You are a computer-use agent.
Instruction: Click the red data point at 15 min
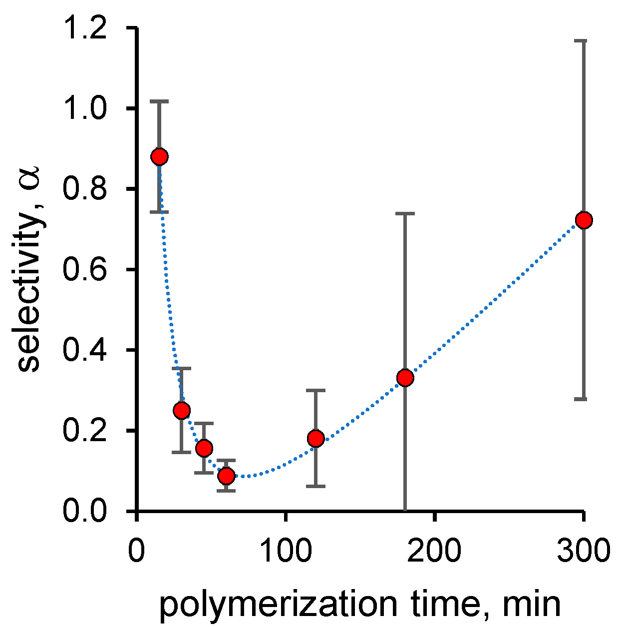coord(159,157)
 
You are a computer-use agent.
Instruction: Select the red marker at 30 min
coord(182,411)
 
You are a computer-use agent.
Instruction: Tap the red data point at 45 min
coord(204,448)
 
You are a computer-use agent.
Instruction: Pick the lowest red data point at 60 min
coord(226,476)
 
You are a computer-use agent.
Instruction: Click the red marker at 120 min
coord(315,439)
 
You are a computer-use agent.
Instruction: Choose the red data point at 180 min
coord(405,378)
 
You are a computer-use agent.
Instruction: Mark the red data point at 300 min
coord(584,220)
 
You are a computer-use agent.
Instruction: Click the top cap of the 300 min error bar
coord(584,41)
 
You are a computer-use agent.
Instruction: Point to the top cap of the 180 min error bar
coord(405,213)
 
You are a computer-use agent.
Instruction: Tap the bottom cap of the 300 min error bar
coord(584,399)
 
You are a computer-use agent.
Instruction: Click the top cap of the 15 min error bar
coord(159,101)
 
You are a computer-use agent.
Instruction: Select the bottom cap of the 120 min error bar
coord(315,486)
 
